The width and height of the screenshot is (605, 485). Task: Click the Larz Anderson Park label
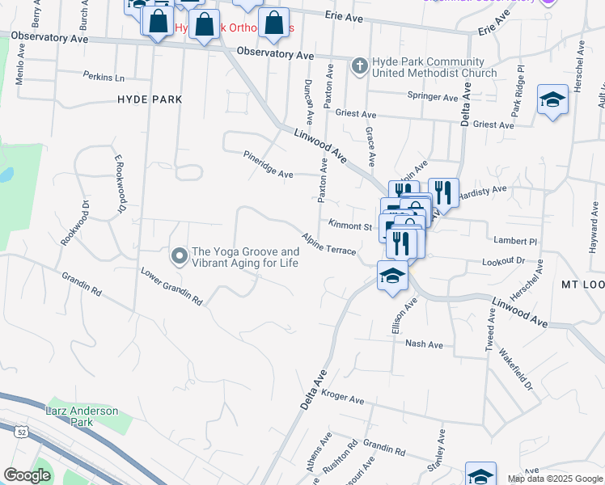point(82,416)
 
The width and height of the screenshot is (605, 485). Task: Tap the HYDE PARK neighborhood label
point(150,99)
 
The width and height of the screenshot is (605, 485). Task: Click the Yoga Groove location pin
point(179,256)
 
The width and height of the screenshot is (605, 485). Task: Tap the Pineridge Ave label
point(269,162)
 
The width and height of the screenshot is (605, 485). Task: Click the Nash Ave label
point(424,344)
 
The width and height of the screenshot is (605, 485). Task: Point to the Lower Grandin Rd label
point(171,286)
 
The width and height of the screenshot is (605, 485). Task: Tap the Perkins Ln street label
point(104,77)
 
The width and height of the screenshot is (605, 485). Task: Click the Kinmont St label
point(349,226)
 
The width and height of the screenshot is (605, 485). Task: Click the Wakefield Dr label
point(515,369)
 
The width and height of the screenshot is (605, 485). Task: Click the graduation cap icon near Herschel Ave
point(552,99)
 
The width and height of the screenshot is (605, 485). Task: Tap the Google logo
point(27,475)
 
